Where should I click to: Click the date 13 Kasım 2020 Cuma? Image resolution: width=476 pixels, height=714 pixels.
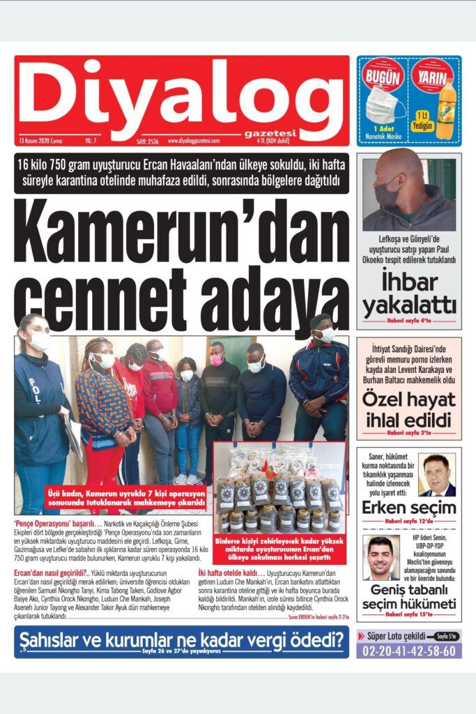[x=41, y=141]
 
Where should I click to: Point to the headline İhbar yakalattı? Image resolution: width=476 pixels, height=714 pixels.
[x=409, y=294]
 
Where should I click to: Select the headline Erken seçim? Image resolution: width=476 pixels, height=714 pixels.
[x=409, y=508]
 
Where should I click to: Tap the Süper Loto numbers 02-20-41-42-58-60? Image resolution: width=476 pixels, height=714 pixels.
[x=409, y=651]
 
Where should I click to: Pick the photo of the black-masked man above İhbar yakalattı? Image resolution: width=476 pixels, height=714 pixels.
[x=409, y=192]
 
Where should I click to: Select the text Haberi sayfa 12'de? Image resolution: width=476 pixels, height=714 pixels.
[x=409, y=521]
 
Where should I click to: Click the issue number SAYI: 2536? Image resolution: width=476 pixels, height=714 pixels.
[x=147, y=141]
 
